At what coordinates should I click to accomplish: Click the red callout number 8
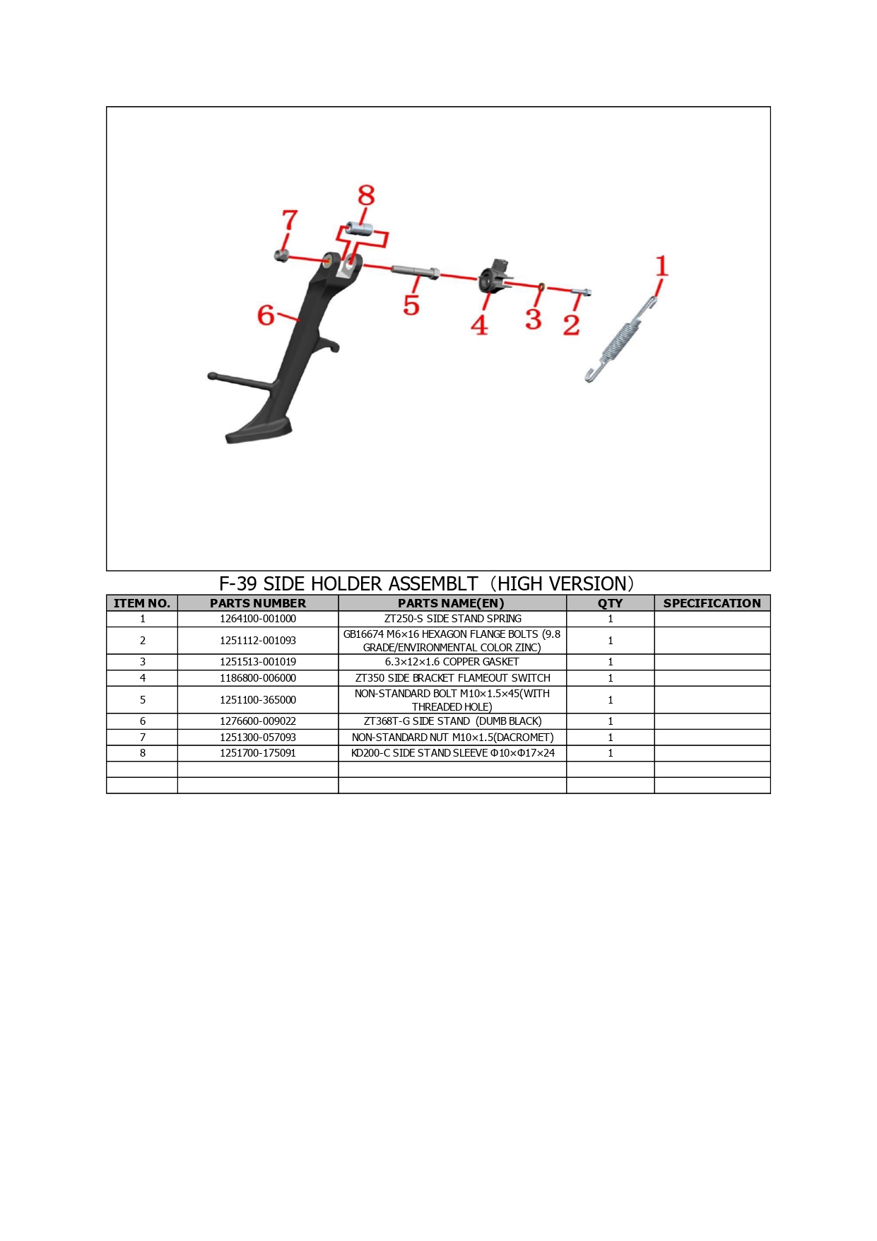pos(366,195)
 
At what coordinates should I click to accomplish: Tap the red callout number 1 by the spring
pos(661,266)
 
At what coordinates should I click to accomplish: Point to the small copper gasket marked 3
pos(541,286)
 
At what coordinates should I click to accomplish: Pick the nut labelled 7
pos(281,255)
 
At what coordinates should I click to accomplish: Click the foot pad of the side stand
pos(257,430)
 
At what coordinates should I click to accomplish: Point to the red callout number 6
pos(266,315)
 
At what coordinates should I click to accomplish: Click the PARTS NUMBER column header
pos(258,603)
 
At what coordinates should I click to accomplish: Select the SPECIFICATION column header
pos(712,603)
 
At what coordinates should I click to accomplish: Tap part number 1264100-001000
pos(258,619)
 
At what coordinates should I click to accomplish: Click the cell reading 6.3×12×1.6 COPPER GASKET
pos(452,662)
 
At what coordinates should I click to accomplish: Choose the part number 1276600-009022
pos(258,721)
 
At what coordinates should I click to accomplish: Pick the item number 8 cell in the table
pos(142,753)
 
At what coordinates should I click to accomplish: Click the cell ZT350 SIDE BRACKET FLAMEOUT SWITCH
pos(452,678)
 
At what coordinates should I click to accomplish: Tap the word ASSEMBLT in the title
pos(433,584)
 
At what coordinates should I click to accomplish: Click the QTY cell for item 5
pos(611,700)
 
